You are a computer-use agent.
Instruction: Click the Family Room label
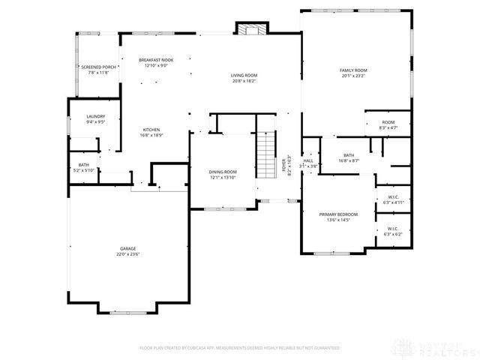click(x=354, y=70)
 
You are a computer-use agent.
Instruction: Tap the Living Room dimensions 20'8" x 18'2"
click(x=244, y=81)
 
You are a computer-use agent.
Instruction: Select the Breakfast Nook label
click(x=156, y=60)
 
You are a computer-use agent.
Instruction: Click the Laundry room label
click(x=95, y=116)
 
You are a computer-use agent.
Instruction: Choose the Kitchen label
click(x=151, y=130)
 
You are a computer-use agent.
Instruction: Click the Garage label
click(x=128, y=248)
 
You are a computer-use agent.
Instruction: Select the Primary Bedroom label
click(x=338, y=214)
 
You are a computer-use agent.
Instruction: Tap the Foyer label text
click(x=284, y=165)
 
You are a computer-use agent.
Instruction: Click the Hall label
click(x=308, y=160)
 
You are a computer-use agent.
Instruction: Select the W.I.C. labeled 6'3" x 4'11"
click(x=393, y=198)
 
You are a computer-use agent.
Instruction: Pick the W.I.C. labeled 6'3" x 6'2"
click(x=394, y=228)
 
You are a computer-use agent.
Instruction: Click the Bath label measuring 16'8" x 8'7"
click(x=349, y=135)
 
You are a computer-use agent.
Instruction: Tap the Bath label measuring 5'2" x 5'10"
click(x=82, y=165)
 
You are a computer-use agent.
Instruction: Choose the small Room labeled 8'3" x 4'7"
click(x=388, y=122)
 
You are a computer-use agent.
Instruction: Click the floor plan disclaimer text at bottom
click(x=239, y=348)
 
